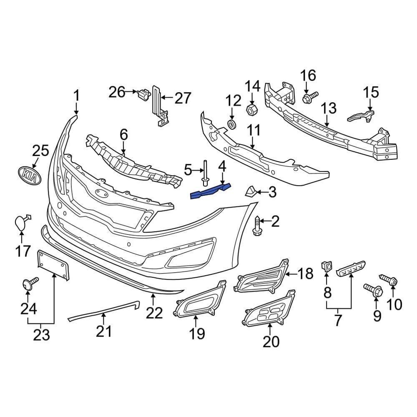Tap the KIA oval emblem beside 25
[x=30, y=174]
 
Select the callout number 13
[x=328, y=109]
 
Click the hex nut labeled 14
[x=252, y=110]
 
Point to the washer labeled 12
[x=232, y=123]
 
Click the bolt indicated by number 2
[x=257, y=227]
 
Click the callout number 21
[x=104, y=332]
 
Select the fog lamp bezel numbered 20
[x=269, y=312]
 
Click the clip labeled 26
[x=143, y=95]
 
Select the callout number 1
[x=76, y=96]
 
